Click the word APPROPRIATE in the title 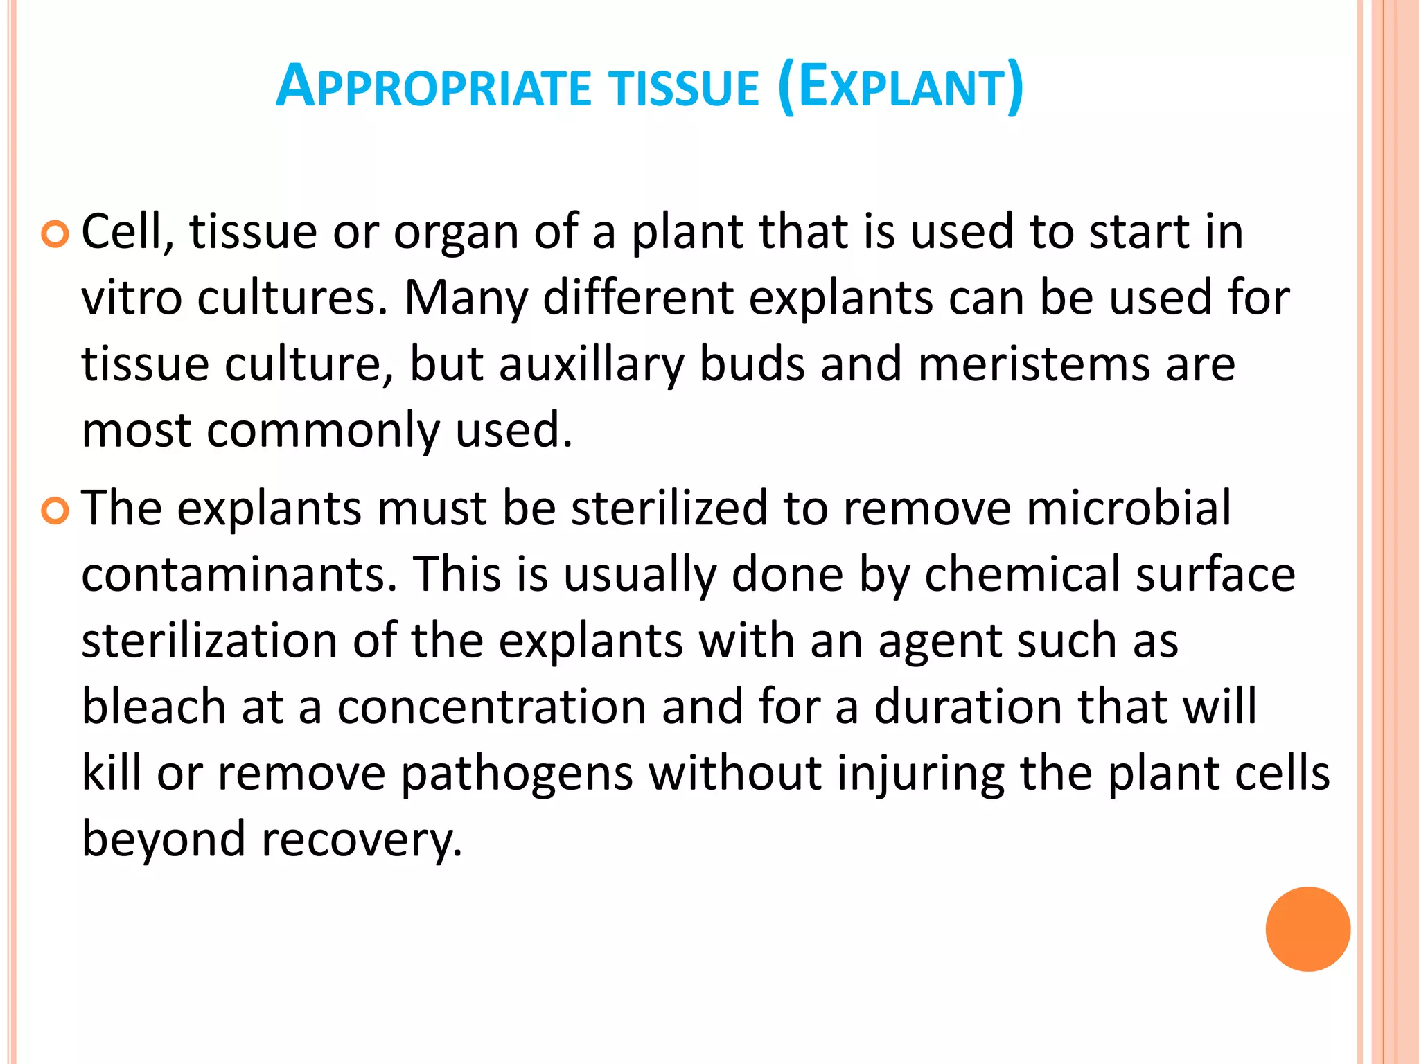tap(434, 88)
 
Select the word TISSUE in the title tap(683, 89)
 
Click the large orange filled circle tap(1307, 929)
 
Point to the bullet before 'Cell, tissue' tap(55, 235)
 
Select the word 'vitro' tap(131, 299)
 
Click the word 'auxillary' tap(591, 365)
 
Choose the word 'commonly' tap(323, 432)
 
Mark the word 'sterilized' tap(669, 508)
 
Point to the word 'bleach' tap(154, 707)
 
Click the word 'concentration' tap(491, 707)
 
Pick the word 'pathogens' tap(517, 774)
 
